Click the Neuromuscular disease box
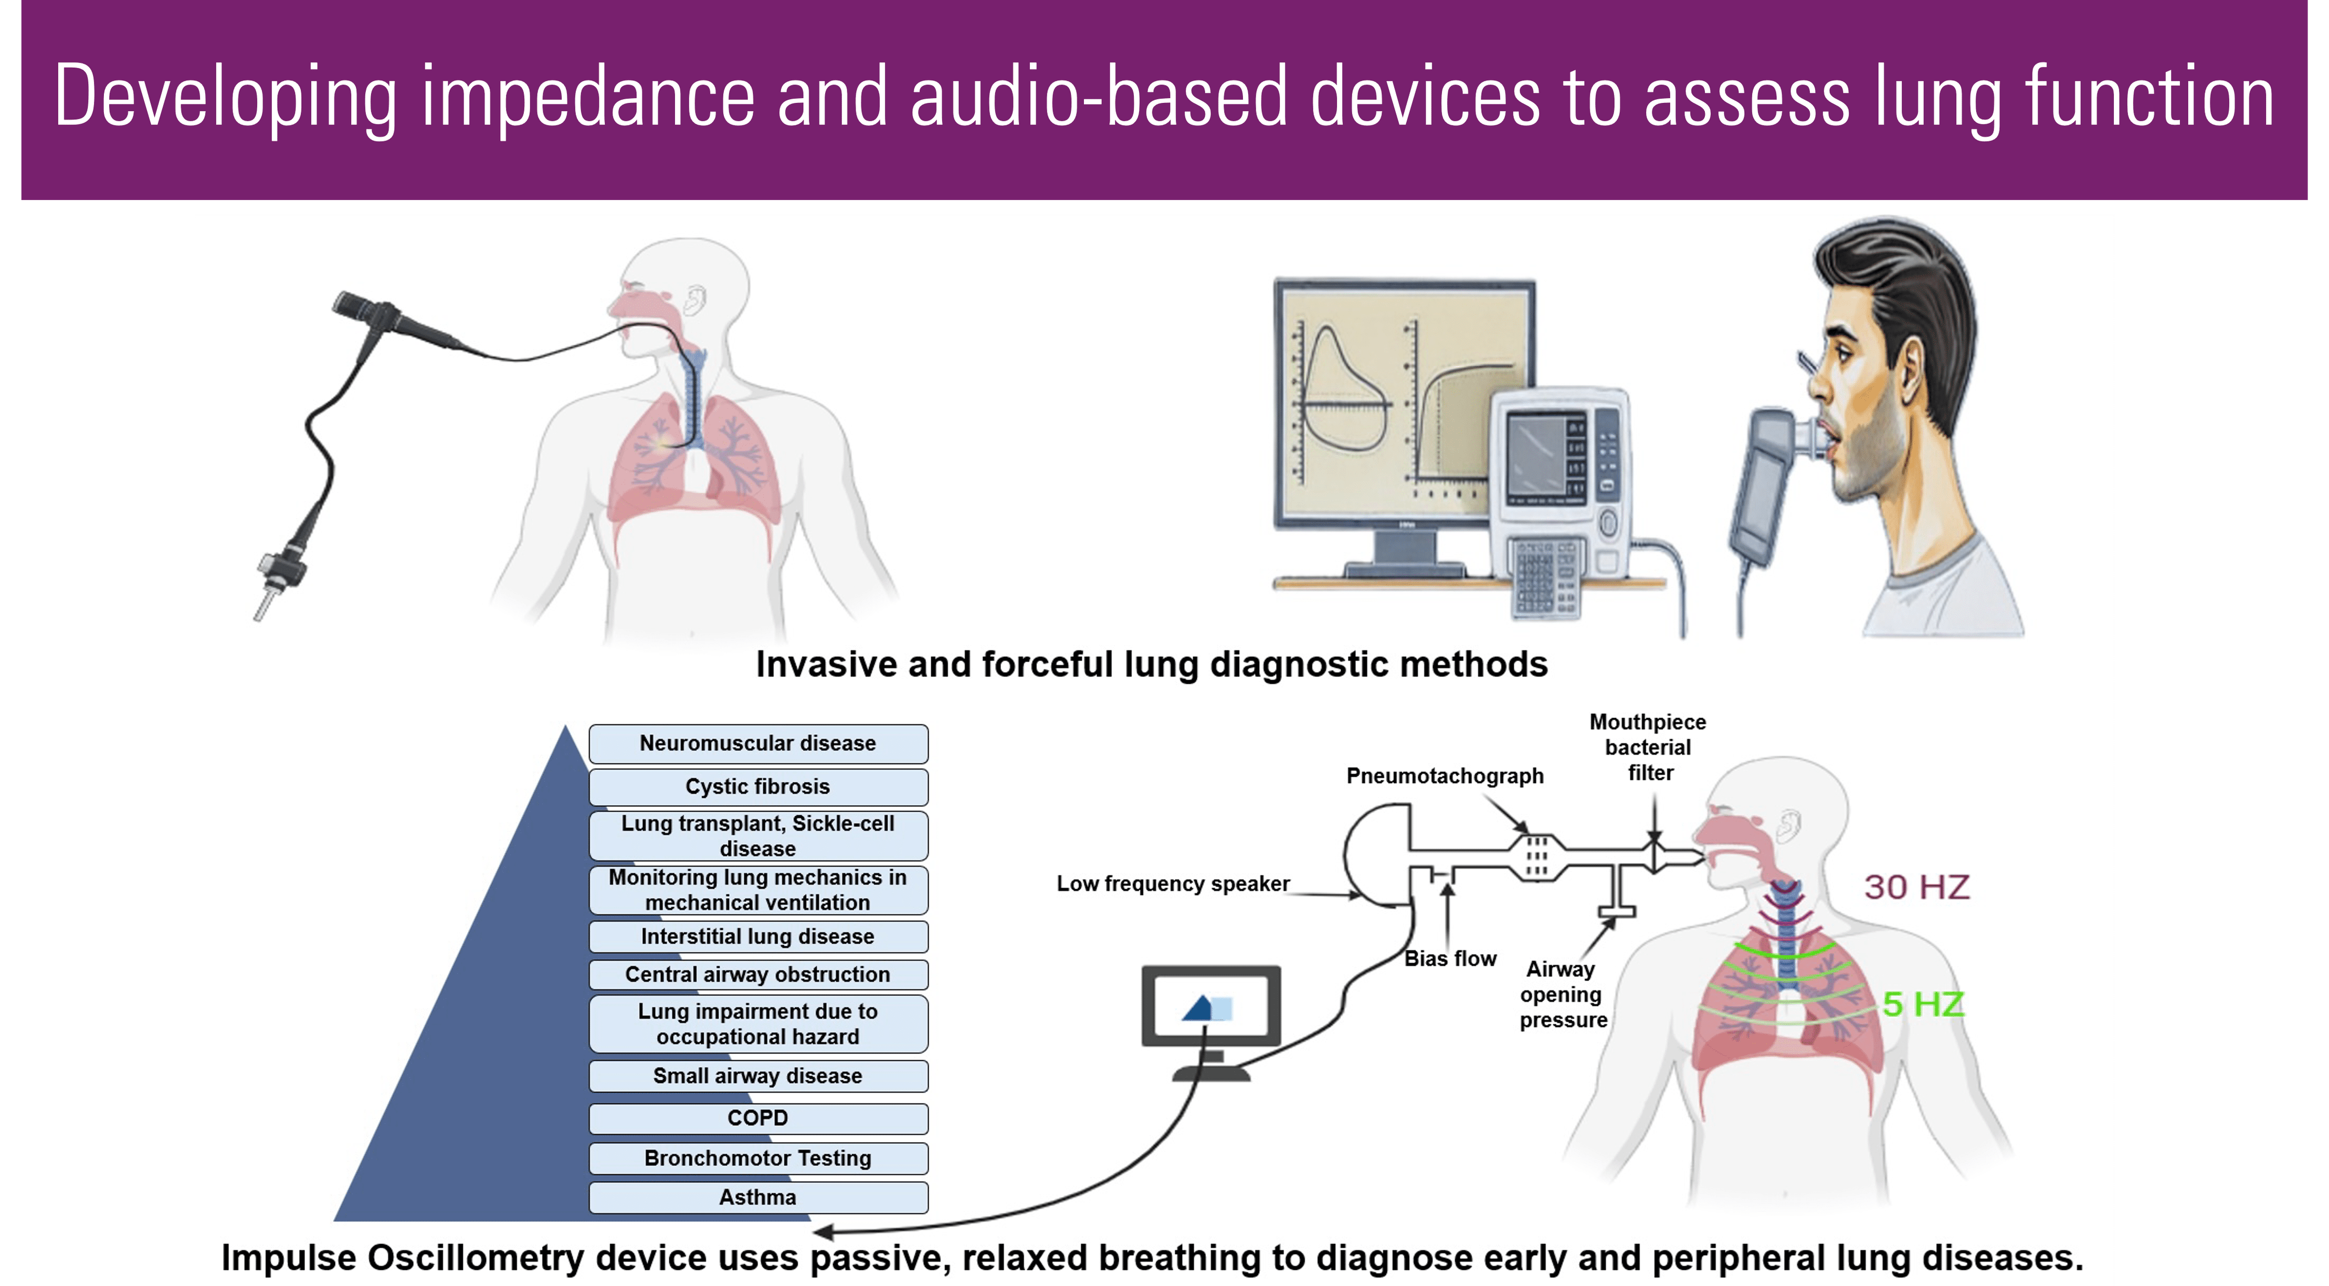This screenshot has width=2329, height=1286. (757, 743)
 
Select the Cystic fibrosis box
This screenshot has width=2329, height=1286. (757, 787)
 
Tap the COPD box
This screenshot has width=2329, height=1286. (757, 1119)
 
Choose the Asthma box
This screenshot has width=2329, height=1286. (757, 1197)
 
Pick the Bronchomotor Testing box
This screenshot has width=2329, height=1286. (757, 1158)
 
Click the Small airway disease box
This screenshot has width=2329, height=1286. (757, 1076)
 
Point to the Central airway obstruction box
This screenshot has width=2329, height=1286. (757, 975)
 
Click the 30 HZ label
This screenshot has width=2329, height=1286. (1917, 887)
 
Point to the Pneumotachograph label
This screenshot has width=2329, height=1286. (1445, 776)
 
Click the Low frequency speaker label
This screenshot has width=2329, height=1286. (1173, 883)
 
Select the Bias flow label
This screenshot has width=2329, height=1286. (1450, 958)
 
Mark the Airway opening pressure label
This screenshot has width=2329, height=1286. (1562, 995)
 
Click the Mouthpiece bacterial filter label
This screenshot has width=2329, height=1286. (1647, 747)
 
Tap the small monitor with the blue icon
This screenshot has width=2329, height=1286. (1210, 1007)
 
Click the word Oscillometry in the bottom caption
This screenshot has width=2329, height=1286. (492, 1258)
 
